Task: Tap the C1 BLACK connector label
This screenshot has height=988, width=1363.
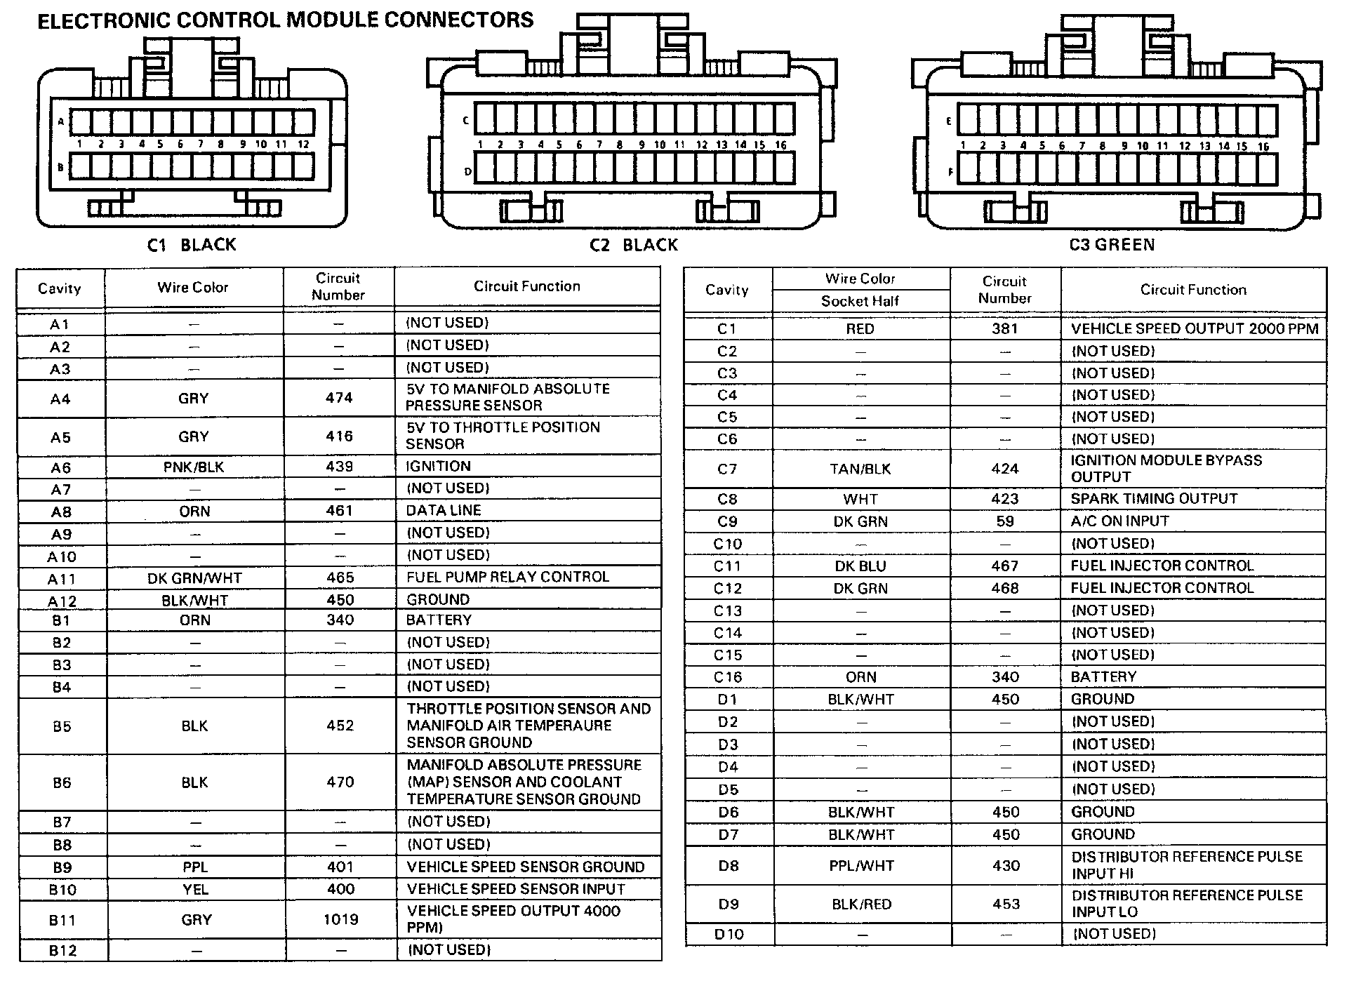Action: click(192, 245)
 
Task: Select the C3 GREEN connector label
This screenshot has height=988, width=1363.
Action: click(1112, 245)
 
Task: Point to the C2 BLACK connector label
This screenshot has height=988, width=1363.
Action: click(634, 245)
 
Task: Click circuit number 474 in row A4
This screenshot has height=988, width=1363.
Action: click(339, 398)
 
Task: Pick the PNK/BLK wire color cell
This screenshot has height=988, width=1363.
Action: click(194, 467)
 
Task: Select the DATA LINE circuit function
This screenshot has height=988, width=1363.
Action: click(444, 511)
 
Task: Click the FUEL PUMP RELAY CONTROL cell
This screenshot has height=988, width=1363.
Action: click(507, 577)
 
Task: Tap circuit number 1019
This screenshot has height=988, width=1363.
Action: click(341, 919)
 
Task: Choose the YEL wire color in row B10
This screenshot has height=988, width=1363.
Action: click(196, 890)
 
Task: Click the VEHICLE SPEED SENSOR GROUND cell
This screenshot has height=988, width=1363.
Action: click(525, 867)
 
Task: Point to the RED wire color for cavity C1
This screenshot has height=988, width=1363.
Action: click(860, 329)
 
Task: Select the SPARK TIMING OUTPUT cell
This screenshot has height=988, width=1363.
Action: click(1154, 499)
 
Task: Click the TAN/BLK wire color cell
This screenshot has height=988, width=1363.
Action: click(860, 469)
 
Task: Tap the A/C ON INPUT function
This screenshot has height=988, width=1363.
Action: click(1119, 521)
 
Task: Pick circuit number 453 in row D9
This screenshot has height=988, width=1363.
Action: click(1006, 904)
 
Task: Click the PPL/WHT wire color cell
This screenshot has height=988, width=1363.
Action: click(861, 866)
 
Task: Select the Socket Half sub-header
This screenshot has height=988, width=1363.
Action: click(860, 301)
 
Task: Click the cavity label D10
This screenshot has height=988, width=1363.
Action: click(729, 934)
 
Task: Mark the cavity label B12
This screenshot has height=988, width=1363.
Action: click(62, 951)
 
